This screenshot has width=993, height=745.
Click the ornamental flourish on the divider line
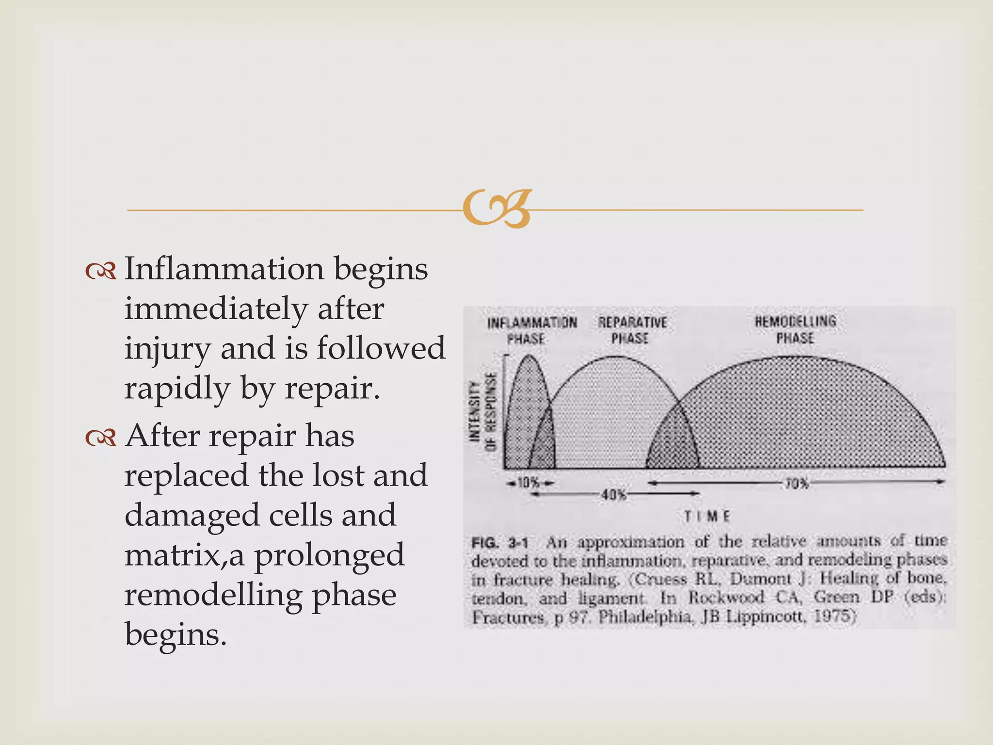(x=496, y=209)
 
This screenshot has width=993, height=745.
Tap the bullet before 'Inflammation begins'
(x=101, y=271)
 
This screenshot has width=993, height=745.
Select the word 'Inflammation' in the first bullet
(x=224, y=269)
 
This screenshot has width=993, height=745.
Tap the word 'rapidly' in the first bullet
(x=177, y=389)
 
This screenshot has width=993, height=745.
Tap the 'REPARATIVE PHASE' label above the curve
(x=632, y=330)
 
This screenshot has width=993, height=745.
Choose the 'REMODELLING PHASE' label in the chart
(x=795, y=329)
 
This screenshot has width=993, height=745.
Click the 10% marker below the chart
(x=529, y=483)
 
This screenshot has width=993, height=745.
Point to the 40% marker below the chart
(x=614, y=495)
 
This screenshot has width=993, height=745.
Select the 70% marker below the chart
(x=796, y=484)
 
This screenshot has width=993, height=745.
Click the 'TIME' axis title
(x=707, y=517)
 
